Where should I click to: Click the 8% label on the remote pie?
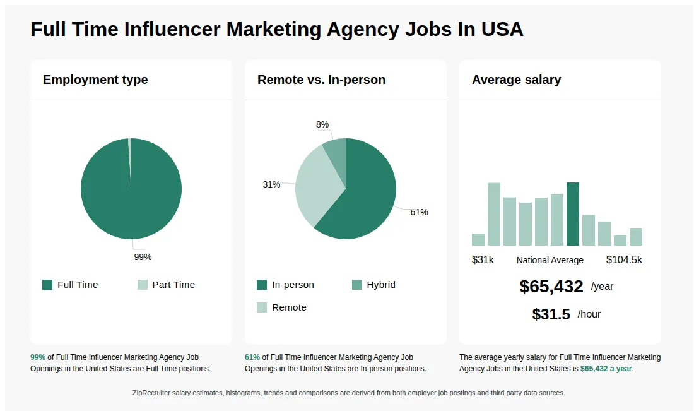coord(322,124)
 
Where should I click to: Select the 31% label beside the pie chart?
coord(271,184)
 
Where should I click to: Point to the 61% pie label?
coord(419,212)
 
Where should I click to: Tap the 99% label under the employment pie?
coord(143,257)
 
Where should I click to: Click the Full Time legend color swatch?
coord(47,285)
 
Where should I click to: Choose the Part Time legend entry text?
coord(173,285)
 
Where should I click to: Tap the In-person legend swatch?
coord(262,285)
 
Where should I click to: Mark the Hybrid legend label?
coord(381,285)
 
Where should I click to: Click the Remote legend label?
coord(289,307)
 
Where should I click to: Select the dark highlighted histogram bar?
coord(573,214)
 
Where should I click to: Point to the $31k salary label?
coord(483,260)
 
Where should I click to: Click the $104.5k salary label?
coord(624,260)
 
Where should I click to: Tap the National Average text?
coord(550,260)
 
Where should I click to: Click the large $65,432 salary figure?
coord(551,287)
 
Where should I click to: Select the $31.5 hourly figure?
coord(551,314)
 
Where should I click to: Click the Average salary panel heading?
coord(516,80)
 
